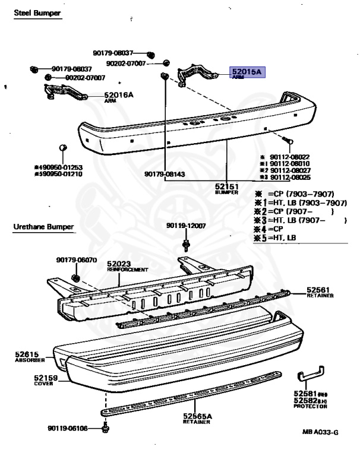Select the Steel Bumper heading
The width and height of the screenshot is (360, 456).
click(37, 12)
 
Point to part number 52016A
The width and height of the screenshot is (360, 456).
click(119, 94)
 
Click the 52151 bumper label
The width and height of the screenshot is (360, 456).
click(227, 186)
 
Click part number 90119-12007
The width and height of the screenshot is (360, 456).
click(186, 226)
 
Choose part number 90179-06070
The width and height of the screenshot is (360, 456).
click(77, 259)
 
